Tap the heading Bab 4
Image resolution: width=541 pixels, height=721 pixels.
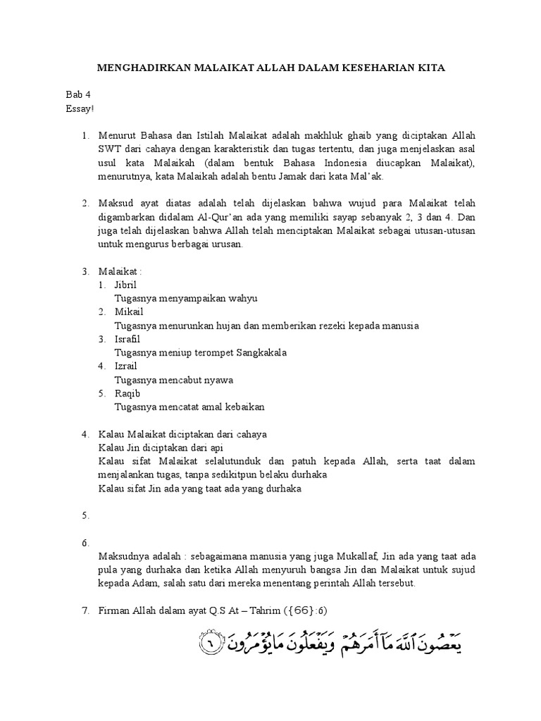pos(77,94)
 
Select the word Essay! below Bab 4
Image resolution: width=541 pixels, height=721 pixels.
pos(80,108)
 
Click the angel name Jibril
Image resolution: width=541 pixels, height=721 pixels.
pos(125,284)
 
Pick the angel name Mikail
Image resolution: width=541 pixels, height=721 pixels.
pos(128,312)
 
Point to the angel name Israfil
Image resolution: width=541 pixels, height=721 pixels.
pos(128,339)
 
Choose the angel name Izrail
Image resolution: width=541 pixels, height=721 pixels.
pos(126,366)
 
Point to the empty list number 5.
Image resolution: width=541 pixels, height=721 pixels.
pos(85,516)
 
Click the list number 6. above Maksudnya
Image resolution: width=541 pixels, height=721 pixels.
pos(85,543)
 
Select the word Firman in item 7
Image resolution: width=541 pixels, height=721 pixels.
pos(115,610)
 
